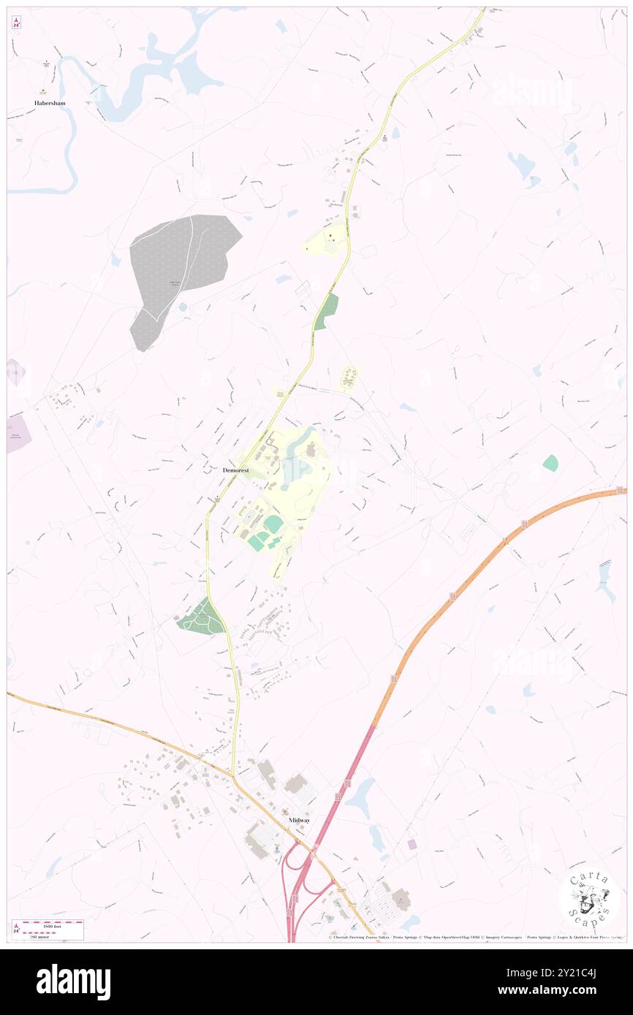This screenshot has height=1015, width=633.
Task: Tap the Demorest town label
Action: pyautogui.click(x=235, y=471)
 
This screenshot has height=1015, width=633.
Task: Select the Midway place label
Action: pyautogui.click(x=299, y=820)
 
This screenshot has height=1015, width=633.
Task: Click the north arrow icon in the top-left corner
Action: pyautogui.click(x=16, y=23)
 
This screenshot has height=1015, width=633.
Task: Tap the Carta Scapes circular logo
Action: pyautogui.click(x=590, y=900)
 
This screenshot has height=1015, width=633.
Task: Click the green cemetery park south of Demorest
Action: pyautogui.click(x=201, y=618)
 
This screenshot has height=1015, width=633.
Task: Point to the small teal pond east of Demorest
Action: pyautogui.click(x=550, y=462)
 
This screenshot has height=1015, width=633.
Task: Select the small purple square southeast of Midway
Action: pyautogui.click(x=412, y=844)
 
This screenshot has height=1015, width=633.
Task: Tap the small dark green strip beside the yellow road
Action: pyautogui.click(x=327, y=312)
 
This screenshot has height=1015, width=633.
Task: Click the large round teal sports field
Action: pyautogui.click(x=273, y=524)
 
